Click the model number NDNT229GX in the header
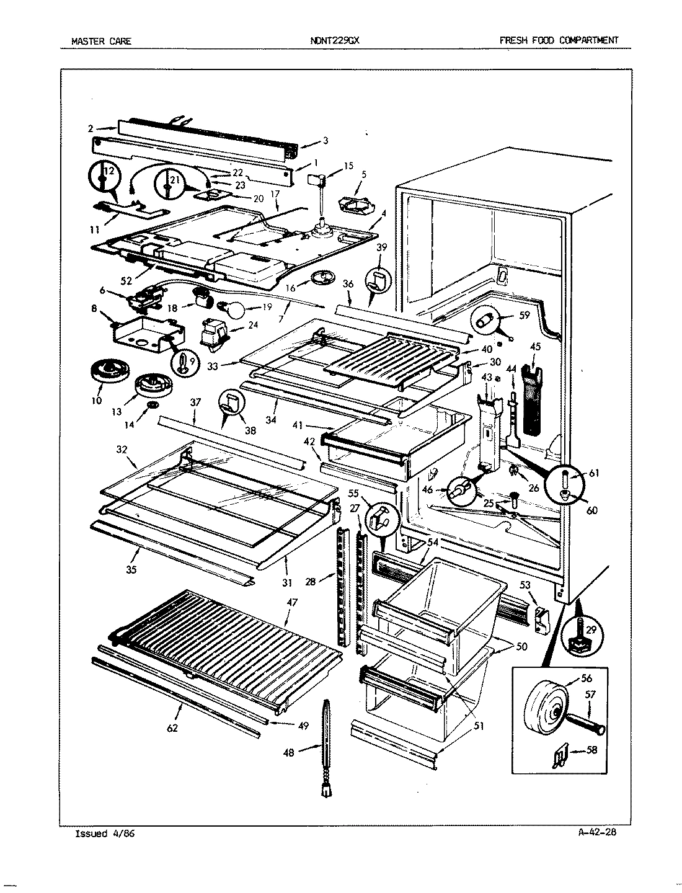[334, 41]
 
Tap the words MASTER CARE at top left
[101, 42]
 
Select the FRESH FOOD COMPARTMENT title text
[559, 40]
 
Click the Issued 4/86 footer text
[104, 833]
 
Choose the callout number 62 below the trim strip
[172, 728]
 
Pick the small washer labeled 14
[149, 406]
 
